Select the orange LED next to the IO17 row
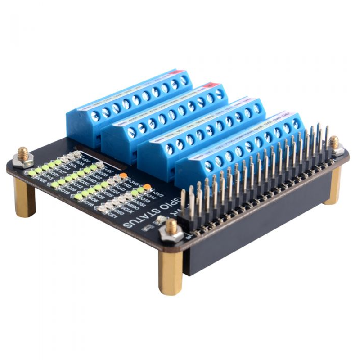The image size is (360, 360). click(147, 186)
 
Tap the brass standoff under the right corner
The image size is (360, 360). click(333, 184)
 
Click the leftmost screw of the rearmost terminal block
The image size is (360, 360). click(95, 116)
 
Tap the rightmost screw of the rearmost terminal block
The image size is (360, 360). click(184, 81)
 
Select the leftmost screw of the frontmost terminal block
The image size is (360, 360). click(208, 166)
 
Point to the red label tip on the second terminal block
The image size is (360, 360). click(209, 85)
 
